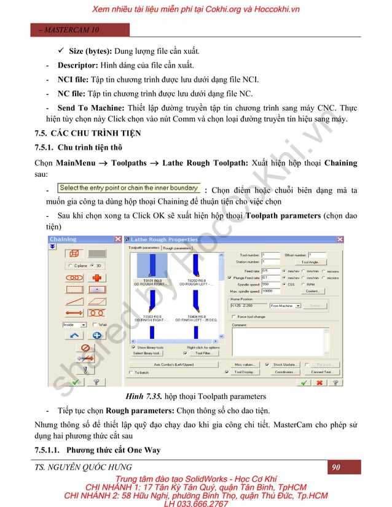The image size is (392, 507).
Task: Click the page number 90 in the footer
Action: pyautogui.click(x=336, y=468)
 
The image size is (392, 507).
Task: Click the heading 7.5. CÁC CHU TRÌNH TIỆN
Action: pyautogui.click(x=87, y=133)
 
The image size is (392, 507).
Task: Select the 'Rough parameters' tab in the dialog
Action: pyautogui.click(x=177, y=247)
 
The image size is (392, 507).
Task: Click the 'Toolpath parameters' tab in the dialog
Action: pyautogui.click(x=143, y=247)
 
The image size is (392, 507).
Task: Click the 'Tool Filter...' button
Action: pyautogui.click(x=204, y=354)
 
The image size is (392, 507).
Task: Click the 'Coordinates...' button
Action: pyautogui.click(x=284, y=372)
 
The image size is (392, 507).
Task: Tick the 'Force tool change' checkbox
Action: pyautogui.click(x=235, y=317)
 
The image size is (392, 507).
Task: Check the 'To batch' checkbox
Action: pyautogui.click(x=130, y=373)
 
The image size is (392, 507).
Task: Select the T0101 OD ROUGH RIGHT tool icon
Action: pyautogui.click(x=147, y=270)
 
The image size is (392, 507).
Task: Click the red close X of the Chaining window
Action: pyautogui.click(x=117, y=239)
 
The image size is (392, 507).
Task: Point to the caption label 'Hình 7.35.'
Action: pyautogui.click(x=139, y=396)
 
